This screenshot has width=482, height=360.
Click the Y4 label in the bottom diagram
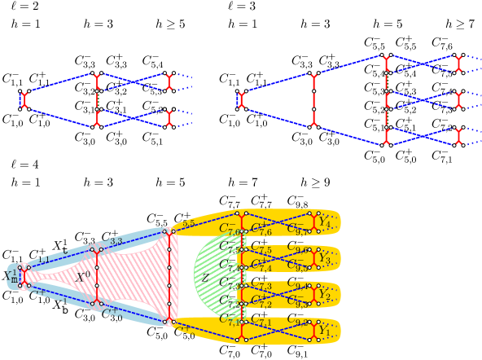(x=325, y=220)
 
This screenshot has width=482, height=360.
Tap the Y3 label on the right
(x=325, y=258)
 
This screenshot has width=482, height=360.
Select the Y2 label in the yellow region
(x=325, y=294)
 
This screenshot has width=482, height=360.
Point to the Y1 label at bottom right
(x=325, y=331)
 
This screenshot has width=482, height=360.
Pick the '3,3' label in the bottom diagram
(x=116, y=242)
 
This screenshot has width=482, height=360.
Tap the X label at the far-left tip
(x=11, y=276)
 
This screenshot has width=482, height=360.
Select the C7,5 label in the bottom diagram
(x=261, y=249)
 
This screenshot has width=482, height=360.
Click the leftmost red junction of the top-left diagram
(x=24, y=100)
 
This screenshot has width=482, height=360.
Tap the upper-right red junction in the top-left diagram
(x=169, y=81)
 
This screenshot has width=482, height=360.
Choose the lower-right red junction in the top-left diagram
(x=169, y=118)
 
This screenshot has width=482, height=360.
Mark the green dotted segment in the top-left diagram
(x=97, y=99)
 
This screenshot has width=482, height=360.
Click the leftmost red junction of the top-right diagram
(x=241, y=99)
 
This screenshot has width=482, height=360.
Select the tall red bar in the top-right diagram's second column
(x=313, y=99)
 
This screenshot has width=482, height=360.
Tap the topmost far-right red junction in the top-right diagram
(x=458, y=64)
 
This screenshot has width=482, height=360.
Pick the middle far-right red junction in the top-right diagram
(x=458, y=99)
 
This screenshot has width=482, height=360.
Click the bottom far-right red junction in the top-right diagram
(x=458, y=136)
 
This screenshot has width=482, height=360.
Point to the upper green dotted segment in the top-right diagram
(x=386, y=81)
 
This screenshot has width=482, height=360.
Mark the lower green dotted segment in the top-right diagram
(x=386, y=118)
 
